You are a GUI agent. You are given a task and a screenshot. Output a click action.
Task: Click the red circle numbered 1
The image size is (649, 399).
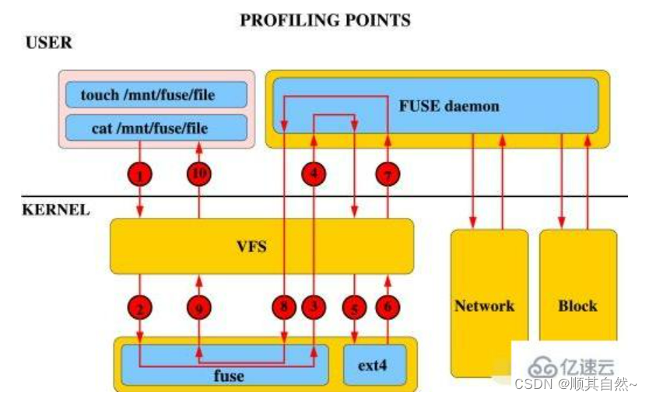point(140,176)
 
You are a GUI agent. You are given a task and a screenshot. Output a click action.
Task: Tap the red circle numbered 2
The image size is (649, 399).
point(140,308)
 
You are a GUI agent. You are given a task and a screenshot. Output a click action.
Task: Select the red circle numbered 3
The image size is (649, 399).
point(314,307)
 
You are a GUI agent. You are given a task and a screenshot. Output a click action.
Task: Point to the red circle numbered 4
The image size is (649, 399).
point(314,176)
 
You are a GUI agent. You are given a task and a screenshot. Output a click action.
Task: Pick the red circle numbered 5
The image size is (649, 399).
point(355,308)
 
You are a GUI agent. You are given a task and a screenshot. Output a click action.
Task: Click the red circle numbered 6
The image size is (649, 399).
point(387,308)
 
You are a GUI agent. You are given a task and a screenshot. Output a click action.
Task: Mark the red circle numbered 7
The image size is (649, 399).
point(387,176)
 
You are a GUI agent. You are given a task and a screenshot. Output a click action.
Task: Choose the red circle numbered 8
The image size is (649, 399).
point(284,307)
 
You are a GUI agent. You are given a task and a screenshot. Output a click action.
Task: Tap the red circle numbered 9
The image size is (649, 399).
point(199,308)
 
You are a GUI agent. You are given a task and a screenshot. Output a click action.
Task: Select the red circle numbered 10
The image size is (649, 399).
point(199,176)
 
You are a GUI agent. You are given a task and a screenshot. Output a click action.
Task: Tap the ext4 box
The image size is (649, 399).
point(375,364)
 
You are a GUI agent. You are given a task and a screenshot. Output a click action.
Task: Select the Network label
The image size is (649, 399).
point(484,306)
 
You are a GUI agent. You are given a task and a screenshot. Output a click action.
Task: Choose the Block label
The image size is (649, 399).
point(577,306)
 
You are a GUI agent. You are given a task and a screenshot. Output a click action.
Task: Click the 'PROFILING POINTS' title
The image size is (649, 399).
point(324,19)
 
